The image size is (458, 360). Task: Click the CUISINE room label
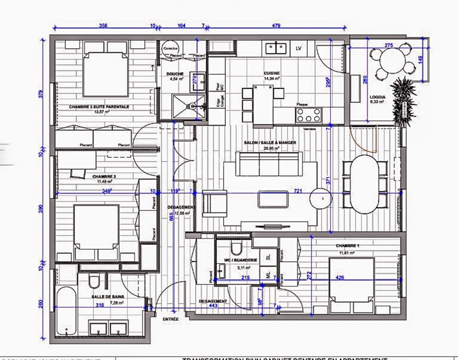[x=272, y=73]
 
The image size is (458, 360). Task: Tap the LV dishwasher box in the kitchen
[x=298, y=48]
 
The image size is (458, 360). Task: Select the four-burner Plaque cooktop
[x=309, y=115]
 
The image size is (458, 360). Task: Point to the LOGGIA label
[x=377, y=97]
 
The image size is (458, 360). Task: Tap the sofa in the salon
[x=269, y=164]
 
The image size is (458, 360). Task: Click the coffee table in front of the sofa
[x=273, y=199]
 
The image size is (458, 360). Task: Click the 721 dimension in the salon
[x=298, y=191]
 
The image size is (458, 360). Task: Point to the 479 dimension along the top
[x=276, y=25]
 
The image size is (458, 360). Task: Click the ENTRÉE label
[x=170, y=319]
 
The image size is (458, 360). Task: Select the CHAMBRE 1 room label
[x=347, y=246]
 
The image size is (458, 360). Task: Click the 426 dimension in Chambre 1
[x=340, y=277]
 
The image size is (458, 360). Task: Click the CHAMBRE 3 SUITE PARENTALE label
[x=99, y=107]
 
